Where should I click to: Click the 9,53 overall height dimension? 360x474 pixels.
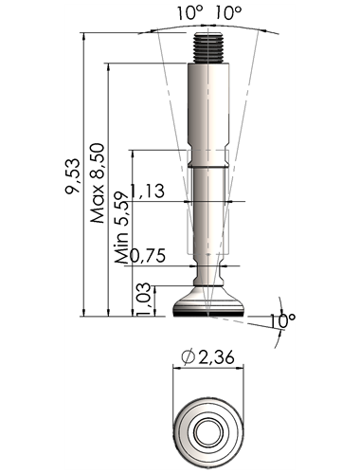72,175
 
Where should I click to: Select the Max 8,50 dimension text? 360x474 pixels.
98,183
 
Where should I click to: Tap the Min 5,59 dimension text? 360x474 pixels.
122,228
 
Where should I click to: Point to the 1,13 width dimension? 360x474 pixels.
147,191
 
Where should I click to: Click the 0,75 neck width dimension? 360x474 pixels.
148,255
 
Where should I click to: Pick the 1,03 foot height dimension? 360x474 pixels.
144,299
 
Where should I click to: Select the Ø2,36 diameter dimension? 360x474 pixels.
207,356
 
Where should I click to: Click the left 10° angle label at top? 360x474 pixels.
189,13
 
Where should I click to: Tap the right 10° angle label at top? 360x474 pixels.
228,13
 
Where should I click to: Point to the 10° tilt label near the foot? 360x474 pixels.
282,321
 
